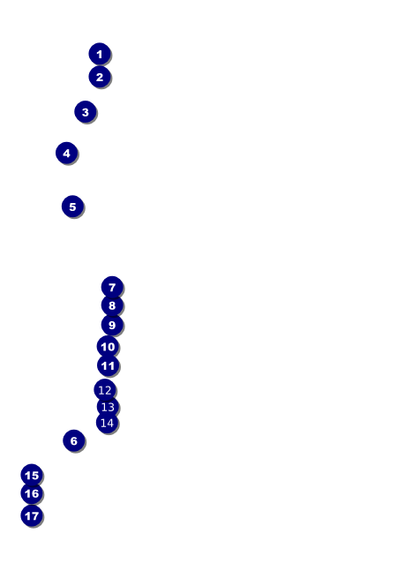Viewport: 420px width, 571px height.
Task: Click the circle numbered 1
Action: (100, 54)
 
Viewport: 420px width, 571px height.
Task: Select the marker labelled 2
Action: (100, 77)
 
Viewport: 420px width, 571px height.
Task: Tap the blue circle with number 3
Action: (86, 112)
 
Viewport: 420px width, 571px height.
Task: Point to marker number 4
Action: (66, 153)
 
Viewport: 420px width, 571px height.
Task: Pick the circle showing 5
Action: (72, 207)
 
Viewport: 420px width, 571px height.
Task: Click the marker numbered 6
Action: (73, 440)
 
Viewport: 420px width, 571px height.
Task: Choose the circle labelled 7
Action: (112, 288)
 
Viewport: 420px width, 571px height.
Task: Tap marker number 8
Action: (112, 305)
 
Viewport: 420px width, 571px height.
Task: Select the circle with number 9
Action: (112, 325)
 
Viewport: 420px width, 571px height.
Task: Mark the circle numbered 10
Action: (108, 347)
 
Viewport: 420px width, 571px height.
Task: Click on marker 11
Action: (108, 365)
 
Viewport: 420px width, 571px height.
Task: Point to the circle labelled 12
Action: (105, 390)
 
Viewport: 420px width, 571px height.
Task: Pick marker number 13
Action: (108, 407)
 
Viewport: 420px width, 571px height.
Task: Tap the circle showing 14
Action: (107, 423)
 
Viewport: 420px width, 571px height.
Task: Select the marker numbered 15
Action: (32, 475)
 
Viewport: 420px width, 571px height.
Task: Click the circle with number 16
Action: (32, 493)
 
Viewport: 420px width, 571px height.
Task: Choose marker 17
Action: (32, 515)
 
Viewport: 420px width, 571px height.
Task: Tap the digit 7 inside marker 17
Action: (34, 516)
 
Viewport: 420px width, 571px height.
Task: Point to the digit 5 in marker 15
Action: (35, 475)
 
